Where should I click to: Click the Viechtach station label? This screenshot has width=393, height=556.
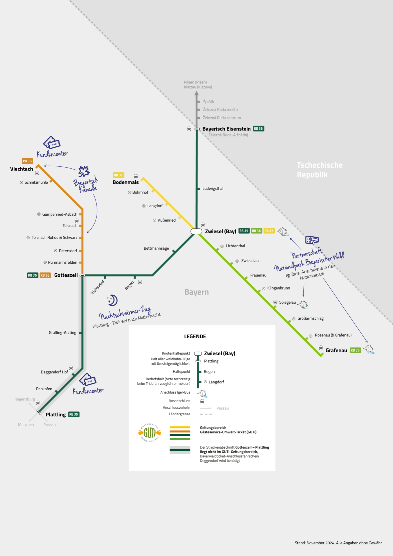point(22,169)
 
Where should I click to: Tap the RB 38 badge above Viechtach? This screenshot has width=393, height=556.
point(27,161)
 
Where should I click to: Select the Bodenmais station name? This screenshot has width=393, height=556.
point(126,182)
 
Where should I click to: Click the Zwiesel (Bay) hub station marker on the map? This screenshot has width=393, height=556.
point(196,231)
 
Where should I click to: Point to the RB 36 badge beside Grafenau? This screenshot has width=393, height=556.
point(355,350)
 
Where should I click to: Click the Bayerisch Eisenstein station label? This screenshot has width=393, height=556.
point(226,129)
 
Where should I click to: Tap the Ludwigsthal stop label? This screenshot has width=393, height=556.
point(213,189)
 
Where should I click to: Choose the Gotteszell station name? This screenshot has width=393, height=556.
point(66,275)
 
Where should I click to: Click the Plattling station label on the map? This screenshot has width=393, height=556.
point(56,415)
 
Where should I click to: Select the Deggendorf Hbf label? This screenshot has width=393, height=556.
point(54,372)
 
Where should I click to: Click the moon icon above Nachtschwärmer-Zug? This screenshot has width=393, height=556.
point(113,300)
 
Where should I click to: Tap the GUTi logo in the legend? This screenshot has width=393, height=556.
point(150,433)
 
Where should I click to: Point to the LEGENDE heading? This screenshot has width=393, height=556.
point(195,337)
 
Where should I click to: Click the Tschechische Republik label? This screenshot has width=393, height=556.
point(319,170)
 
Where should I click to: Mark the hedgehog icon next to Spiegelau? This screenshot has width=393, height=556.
point(303,304)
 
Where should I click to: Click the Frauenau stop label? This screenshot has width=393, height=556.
point(258,275)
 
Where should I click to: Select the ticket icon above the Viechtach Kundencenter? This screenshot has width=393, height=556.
point(52,143)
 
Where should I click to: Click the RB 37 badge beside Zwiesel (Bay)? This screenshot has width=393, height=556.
point(269,231)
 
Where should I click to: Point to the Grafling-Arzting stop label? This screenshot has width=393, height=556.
point(62,333)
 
